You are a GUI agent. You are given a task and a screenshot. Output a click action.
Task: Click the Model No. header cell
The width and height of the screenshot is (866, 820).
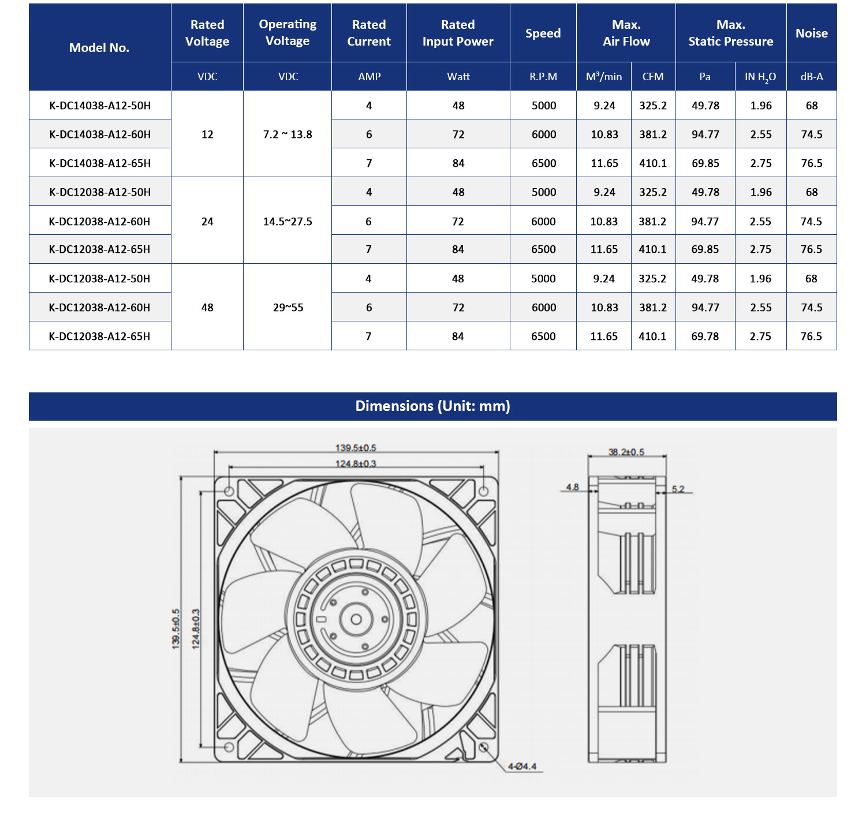[99, 48]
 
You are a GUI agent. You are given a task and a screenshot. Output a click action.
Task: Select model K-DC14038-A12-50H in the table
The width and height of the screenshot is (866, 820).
[100, 106]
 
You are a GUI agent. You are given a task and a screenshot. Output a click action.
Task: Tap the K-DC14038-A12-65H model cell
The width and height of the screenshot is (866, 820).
[100, 163]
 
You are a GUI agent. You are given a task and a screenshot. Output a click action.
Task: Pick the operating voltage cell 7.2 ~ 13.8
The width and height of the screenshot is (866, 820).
[288, 134]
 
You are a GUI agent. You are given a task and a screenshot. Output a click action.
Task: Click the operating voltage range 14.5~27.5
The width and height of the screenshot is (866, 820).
[288, 222]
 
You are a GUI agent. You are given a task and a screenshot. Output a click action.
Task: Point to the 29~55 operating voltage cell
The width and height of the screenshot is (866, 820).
[288, 308]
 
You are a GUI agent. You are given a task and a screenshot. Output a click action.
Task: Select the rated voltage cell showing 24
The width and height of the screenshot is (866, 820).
[207, 222]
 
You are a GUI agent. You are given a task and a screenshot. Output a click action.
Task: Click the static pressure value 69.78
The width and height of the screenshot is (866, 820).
[705, 336]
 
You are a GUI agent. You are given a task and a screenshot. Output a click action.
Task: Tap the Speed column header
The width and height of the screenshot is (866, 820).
[543, 33]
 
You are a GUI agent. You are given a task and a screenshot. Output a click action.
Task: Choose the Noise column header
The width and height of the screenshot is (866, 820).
[811, 33]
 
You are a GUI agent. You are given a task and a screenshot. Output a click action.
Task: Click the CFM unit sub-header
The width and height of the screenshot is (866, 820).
[653, 77]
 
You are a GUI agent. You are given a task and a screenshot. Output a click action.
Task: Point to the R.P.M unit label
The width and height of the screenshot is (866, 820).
[543, 77]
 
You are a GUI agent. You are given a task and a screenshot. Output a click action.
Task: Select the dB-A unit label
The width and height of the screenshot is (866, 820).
[811, 77]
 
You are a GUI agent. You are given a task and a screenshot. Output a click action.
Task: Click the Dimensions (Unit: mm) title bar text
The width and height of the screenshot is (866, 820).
[432, 406]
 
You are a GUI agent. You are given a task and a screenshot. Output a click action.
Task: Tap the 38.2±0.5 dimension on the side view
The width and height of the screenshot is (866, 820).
[626, 452]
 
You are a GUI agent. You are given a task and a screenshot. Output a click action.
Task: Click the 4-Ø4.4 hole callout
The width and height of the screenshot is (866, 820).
[522, 766]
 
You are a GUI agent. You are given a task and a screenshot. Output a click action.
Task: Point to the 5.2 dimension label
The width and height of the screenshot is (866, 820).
[678, 489]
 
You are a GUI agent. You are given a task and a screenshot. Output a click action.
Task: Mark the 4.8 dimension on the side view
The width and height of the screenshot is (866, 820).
[572, 487]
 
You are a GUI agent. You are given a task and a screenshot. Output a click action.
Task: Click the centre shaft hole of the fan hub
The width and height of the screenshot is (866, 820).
[356, 619]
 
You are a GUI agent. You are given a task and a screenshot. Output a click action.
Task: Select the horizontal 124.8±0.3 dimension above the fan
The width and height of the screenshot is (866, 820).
[356, 463]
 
